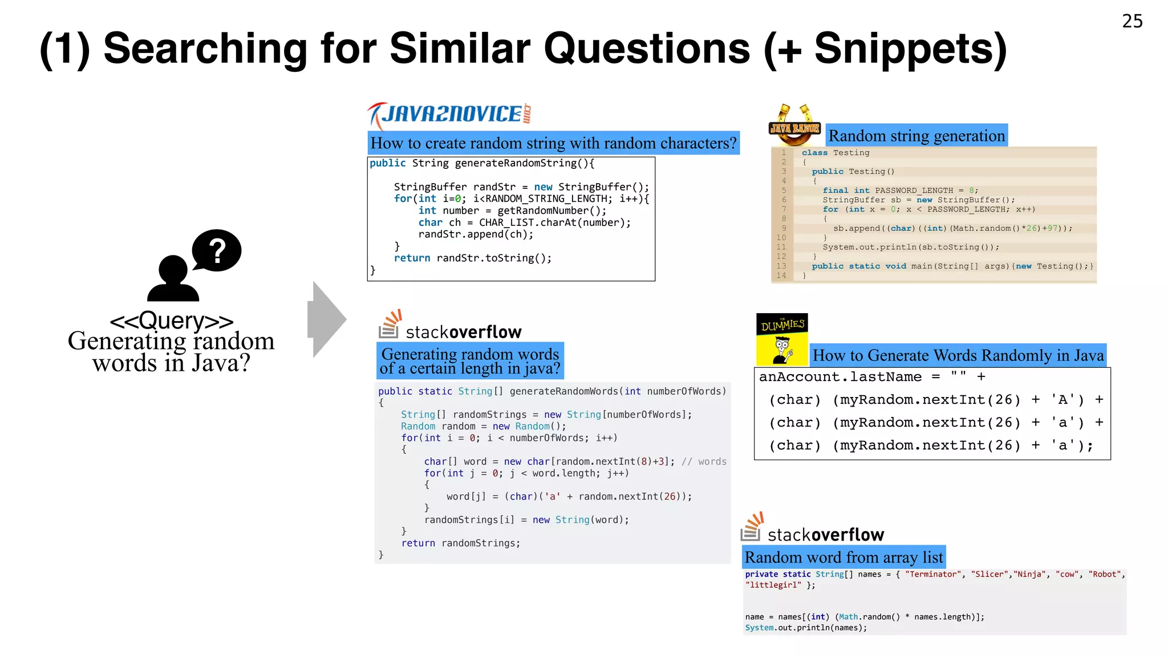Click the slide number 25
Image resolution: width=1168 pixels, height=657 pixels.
(x=1132, y=21)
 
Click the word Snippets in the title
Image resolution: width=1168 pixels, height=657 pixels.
(x=910, y=49)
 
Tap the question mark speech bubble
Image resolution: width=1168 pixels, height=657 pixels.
(x=217, y=250)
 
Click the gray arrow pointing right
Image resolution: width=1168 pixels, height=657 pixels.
(x=326, y=319)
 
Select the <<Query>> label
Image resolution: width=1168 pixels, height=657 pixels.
(x=171, y=321)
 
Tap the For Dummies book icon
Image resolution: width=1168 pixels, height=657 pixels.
(x=782, y=339)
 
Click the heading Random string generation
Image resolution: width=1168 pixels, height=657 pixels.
(x=916, y=136)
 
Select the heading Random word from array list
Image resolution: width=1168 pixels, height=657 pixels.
(x=843, y=557)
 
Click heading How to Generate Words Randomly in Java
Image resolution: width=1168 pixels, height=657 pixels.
(x=958, y=355)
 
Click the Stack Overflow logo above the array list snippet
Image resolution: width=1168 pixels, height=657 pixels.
(x=812, y=528)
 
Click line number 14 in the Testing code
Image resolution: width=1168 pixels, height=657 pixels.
(x=781, y=275)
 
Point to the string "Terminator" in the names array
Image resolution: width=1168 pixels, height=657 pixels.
(x=933, y=574)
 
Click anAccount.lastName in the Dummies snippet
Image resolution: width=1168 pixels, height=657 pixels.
(x=840, y=377)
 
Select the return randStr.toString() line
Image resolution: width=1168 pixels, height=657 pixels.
(x=473, y=258)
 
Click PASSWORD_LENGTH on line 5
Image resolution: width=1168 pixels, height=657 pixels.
(x=914, y=190)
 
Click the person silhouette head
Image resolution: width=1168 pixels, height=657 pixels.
(x=173, y=270)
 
